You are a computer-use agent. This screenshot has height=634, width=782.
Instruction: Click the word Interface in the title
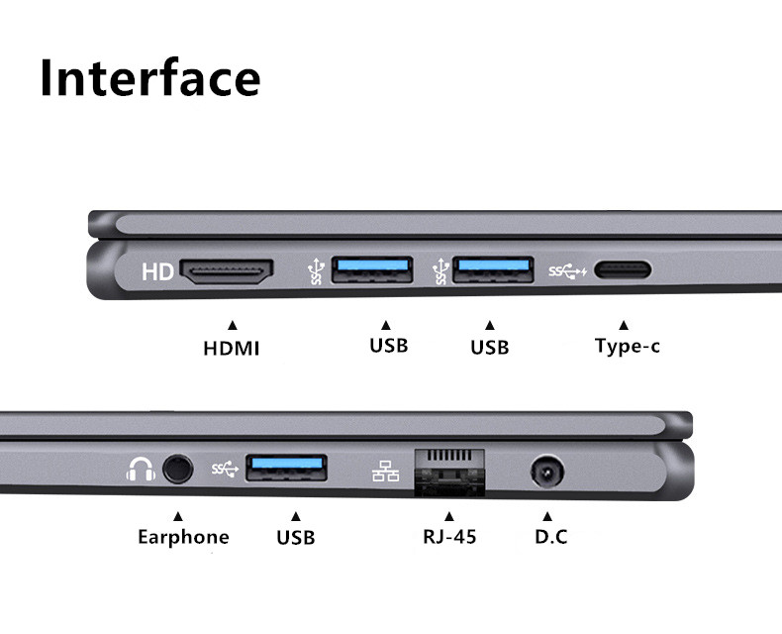pos(149,77)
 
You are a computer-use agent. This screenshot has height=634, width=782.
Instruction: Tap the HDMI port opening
pos(227,271)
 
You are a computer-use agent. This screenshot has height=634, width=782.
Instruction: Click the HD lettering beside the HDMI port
pos(157,271)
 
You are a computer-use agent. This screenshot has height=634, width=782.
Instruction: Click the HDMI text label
pos(231,349)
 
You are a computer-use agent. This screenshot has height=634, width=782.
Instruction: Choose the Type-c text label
pos(627,347)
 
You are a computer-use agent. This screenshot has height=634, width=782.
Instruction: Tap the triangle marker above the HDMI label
pos(233,324)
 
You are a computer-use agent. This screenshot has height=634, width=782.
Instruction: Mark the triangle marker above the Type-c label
pos(623,324)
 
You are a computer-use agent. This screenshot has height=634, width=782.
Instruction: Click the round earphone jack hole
pos(178,469)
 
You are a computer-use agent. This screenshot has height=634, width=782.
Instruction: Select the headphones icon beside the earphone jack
pos(141,469)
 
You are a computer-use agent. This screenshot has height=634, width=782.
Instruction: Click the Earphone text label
pos(183,538)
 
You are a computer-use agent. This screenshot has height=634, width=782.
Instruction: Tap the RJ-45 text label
pos(448,538)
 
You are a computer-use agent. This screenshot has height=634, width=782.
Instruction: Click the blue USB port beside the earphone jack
pos(286,468)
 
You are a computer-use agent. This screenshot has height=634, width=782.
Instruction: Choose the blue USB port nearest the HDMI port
pos(371,269)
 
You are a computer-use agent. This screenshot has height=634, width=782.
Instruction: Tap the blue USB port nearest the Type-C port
pos(492,269)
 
